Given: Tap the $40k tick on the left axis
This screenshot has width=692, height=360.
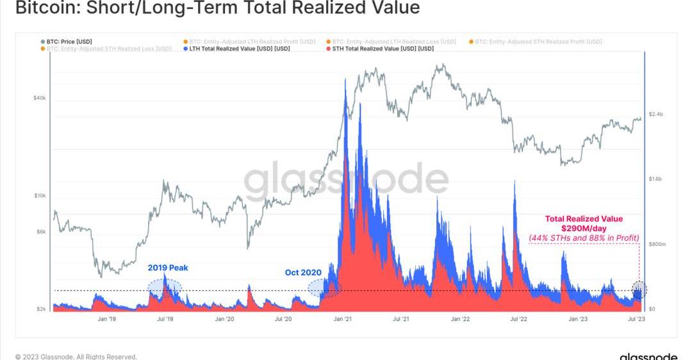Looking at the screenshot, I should [39, 98].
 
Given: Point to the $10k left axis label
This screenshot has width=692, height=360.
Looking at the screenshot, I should [39, 195].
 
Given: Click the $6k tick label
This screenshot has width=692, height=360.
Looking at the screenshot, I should [40, 232].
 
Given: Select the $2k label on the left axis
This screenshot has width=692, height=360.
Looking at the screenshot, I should [40, 309].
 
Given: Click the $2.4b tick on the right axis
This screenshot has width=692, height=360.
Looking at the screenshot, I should [656, 114].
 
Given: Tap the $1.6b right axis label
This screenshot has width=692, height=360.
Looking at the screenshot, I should [656, 179].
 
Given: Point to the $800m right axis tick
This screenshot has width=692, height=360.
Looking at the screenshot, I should [657, 244].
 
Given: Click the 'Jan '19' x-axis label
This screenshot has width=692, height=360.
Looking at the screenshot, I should [106, 318].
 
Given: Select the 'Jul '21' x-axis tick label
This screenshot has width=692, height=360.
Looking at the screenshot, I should [401, 318].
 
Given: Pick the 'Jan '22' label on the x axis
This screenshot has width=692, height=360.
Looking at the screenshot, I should [460, 318].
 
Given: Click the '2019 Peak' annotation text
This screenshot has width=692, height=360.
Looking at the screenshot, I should [168, 268].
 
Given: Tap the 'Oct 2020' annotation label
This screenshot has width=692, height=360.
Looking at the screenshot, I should [303, 272].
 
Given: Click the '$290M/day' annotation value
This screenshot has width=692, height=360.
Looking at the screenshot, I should [584, 228].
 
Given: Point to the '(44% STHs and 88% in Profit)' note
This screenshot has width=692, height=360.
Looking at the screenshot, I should [584, 238].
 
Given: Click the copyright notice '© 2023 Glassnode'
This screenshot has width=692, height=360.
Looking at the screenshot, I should [76, 356].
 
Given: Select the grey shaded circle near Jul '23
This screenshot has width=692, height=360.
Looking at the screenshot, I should [639, 290].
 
